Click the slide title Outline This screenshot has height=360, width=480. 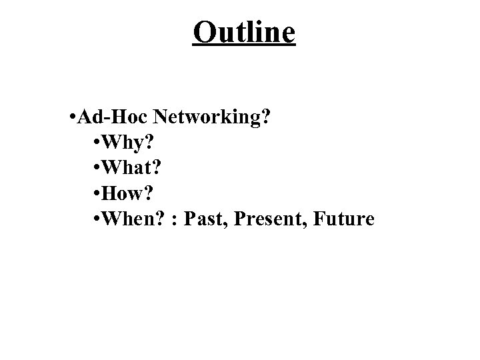(x=243, y=32)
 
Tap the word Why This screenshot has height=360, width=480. (x=127, y=143)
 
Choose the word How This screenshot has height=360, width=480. (x=127, y=193)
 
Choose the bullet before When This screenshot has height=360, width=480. (x=99, y=219)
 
